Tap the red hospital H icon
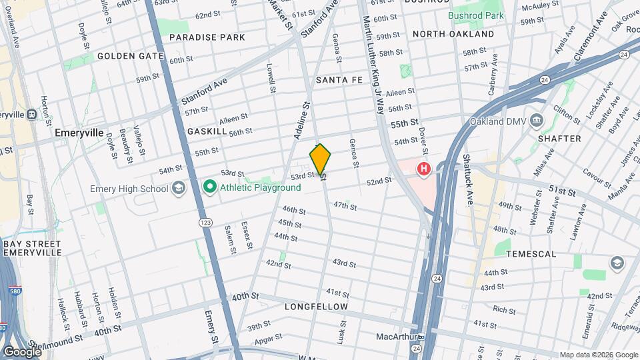(423, 169)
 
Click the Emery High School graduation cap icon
(179, 189)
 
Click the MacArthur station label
(396, 337)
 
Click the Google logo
(21, 351)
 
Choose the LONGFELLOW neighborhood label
(316, 307)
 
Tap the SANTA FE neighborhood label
(339, 80)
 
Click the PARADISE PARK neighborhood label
(207, 37)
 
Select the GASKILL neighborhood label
(207, 131)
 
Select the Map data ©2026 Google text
(598, 355)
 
